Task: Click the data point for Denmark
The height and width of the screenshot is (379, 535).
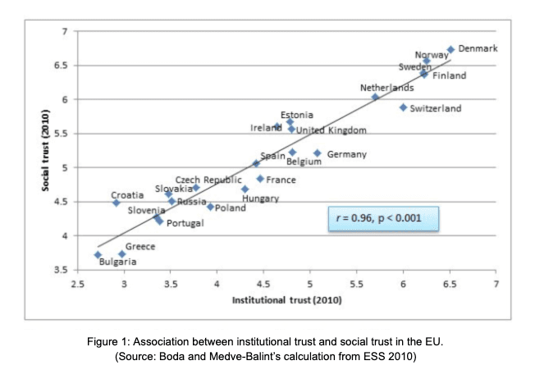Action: [x=450, y=50]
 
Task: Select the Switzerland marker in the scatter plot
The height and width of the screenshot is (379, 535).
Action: [x=403, y=107]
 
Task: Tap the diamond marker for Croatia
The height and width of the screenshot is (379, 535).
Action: [x=117, y=203]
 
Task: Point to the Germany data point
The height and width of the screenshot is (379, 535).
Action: [x=318, y=153]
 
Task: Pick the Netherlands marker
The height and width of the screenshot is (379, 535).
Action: [x=375, y=97]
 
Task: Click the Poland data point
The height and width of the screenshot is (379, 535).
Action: [x=210, y=207]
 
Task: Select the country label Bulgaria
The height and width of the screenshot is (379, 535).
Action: [x=118, y=263]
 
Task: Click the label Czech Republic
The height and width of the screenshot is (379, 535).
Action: [x=208, y=180]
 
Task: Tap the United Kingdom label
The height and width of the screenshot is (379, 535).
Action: [x=331, y=130]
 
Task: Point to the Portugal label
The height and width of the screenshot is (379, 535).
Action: [x=185, y=223]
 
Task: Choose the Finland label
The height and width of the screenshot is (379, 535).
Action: [x=449, y=76]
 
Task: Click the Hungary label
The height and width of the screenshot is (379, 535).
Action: [x=261, y=199]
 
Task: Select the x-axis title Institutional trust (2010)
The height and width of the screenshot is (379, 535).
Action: [x=286, y=300]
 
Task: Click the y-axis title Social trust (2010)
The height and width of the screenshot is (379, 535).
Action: [x=46, y=151]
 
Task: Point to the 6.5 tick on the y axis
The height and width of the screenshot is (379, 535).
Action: [x=62, y=65]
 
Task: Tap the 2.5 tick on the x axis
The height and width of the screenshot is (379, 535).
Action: [x=77, y=283]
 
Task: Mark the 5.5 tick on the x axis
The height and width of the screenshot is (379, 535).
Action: [x=356, y=283]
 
